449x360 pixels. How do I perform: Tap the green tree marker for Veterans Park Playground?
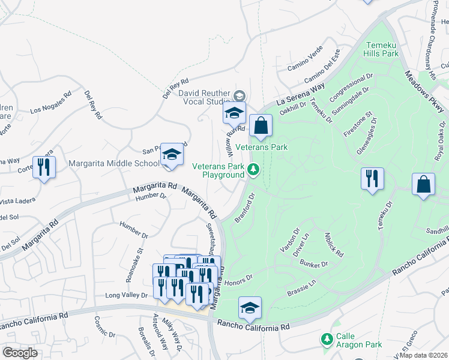tap(254, 171)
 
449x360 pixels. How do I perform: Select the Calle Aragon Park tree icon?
tap(327, 340)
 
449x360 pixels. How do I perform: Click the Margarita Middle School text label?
tap(114, 163)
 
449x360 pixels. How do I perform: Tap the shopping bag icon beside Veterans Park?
tap(261, 126)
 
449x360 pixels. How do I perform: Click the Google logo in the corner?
tap(20, 353)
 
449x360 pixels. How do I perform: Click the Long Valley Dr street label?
tap(126, 295)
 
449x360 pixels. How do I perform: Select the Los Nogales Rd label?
tap(51, 102)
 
